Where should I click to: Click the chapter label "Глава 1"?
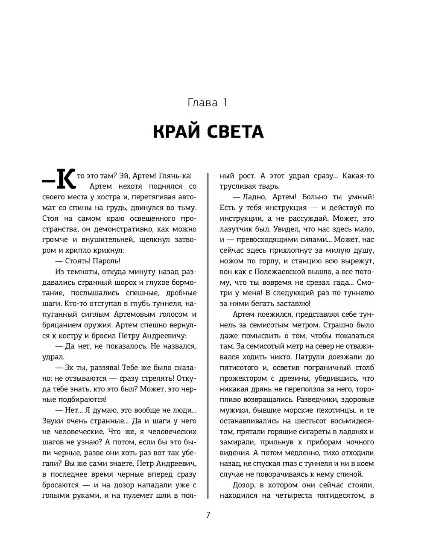[208, 103]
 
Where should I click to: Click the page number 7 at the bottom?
[208, 515]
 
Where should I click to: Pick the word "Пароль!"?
[107, 261]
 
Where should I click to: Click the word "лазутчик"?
[240, 229]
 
